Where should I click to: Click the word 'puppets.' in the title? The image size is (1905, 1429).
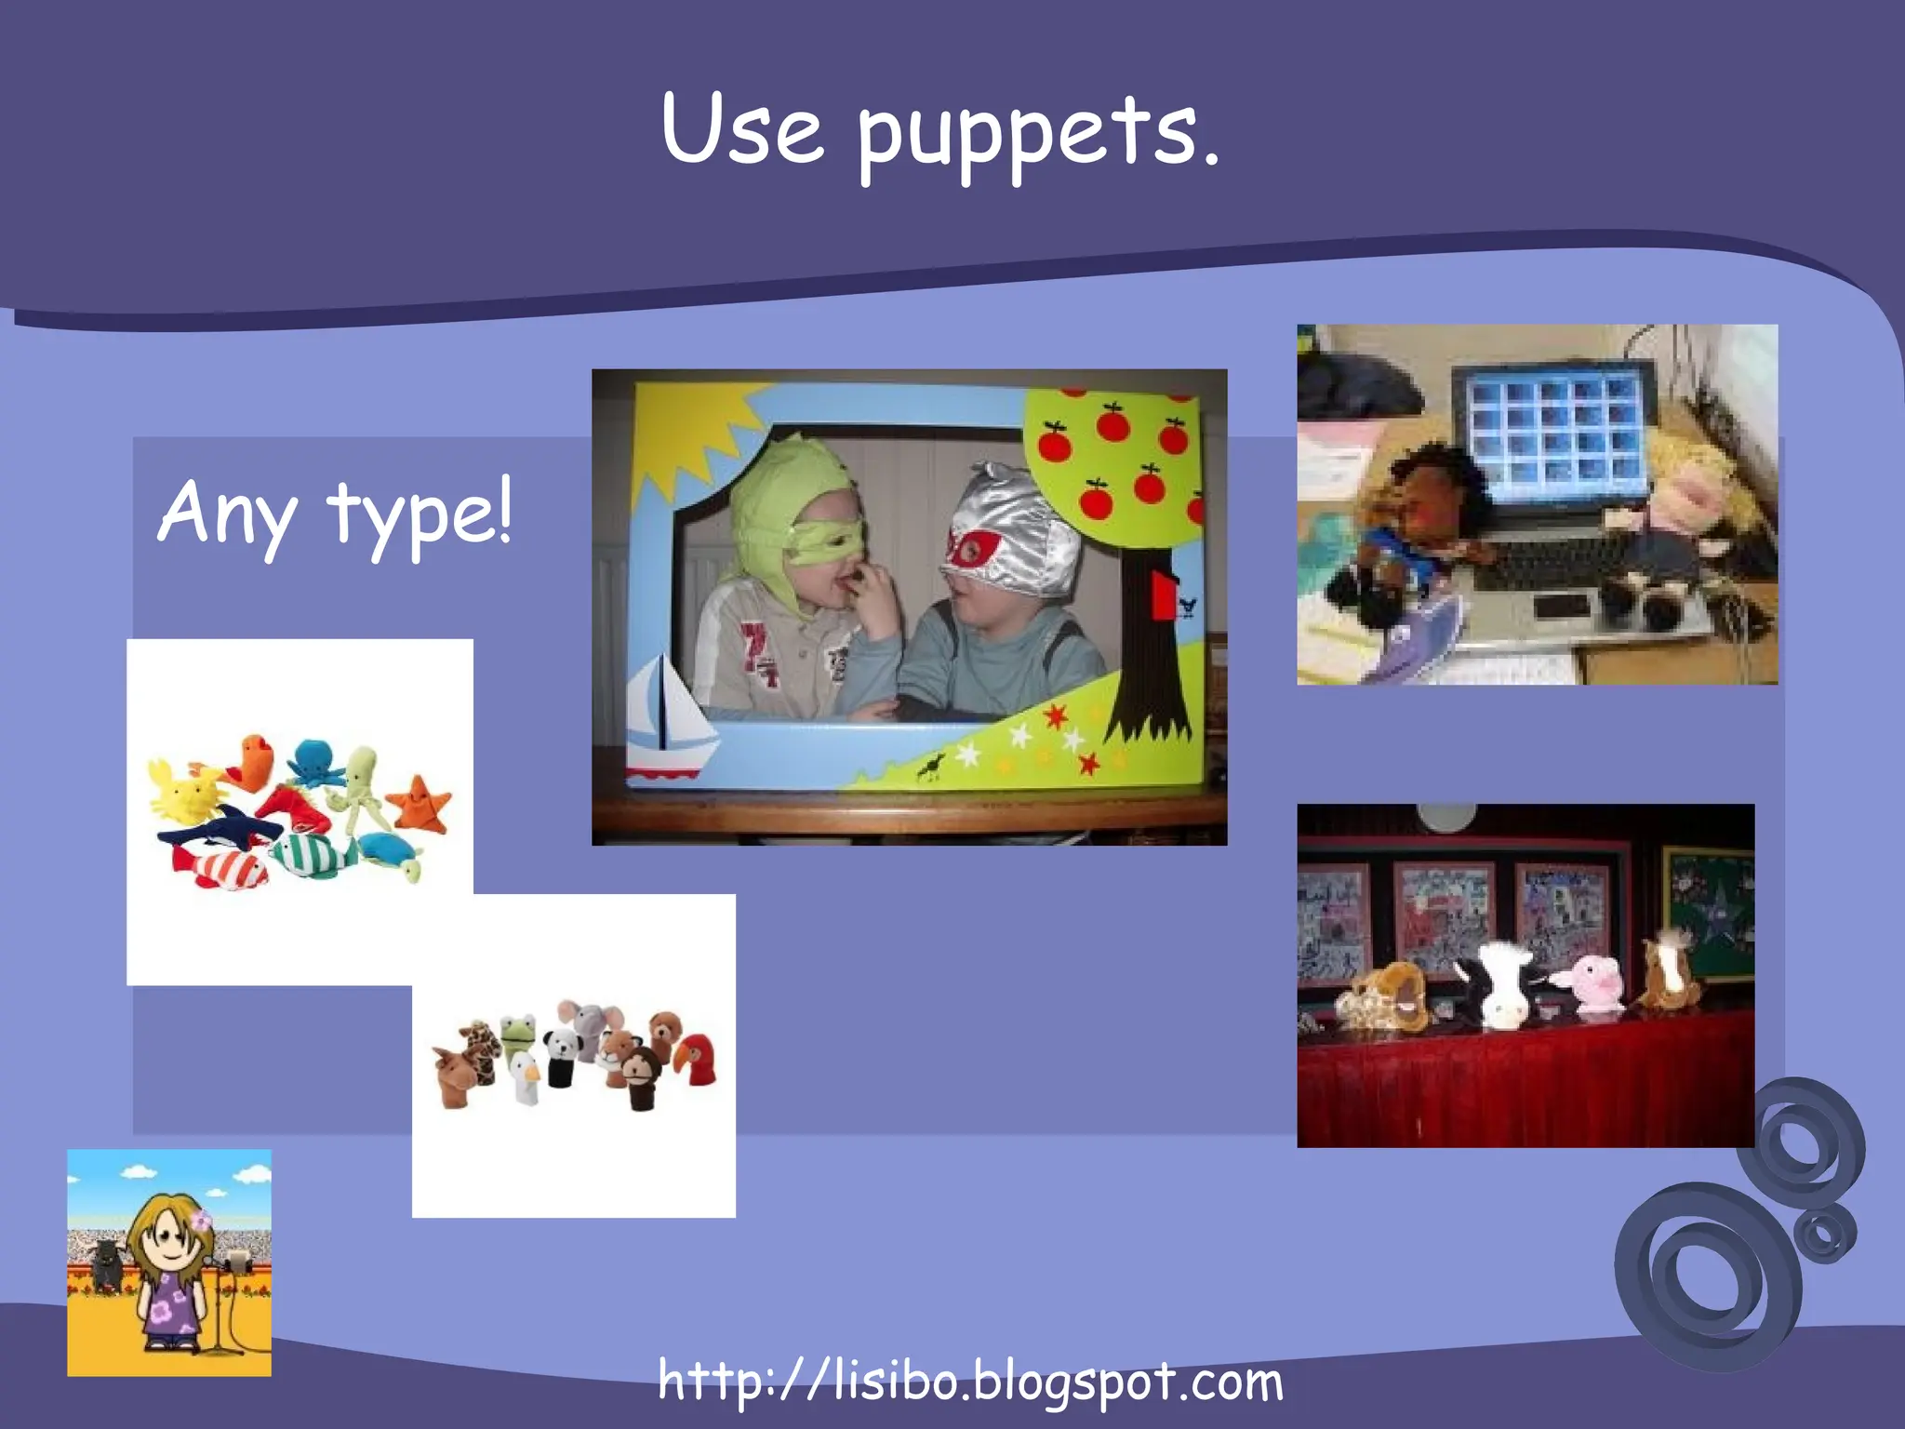1037,135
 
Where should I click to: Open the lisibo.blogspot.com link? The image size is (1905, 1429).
970,1382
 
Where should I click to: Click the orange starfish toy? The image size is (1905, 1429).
421,802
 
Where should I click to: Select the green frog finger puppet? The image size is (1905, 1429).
513,1028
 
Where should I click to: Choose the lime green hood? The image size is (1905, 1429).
791,493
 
